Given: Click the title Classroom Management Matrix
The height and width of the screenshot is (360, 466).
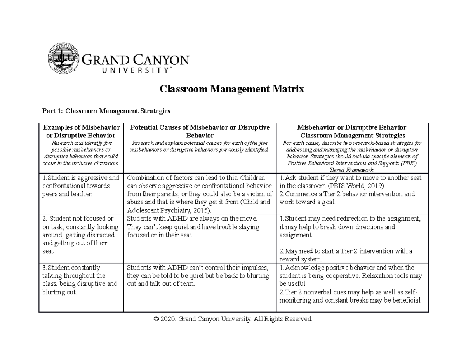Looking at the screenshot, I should click(x=232, y=90).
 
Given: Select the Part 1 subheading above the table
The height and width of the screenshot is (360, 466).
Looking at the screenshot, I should click(x=106, y=111).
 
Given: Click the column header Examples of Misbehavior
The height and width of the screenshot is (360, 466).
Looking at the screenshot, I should click(x=81, y=127).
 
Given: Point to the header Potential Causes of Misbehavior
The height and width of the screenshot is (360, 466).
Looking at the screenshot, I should click(x=200, y=127).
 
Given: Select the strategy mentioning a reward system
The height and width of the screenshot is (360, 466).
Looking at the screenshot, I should click(x=346, y=255).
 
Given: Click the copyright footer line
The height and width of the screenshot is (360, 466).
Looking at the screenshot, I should click(x=233, y=319).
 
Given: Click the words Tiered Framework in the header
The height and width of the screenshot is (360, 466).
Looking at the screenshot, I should click(x=351, y=170).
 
